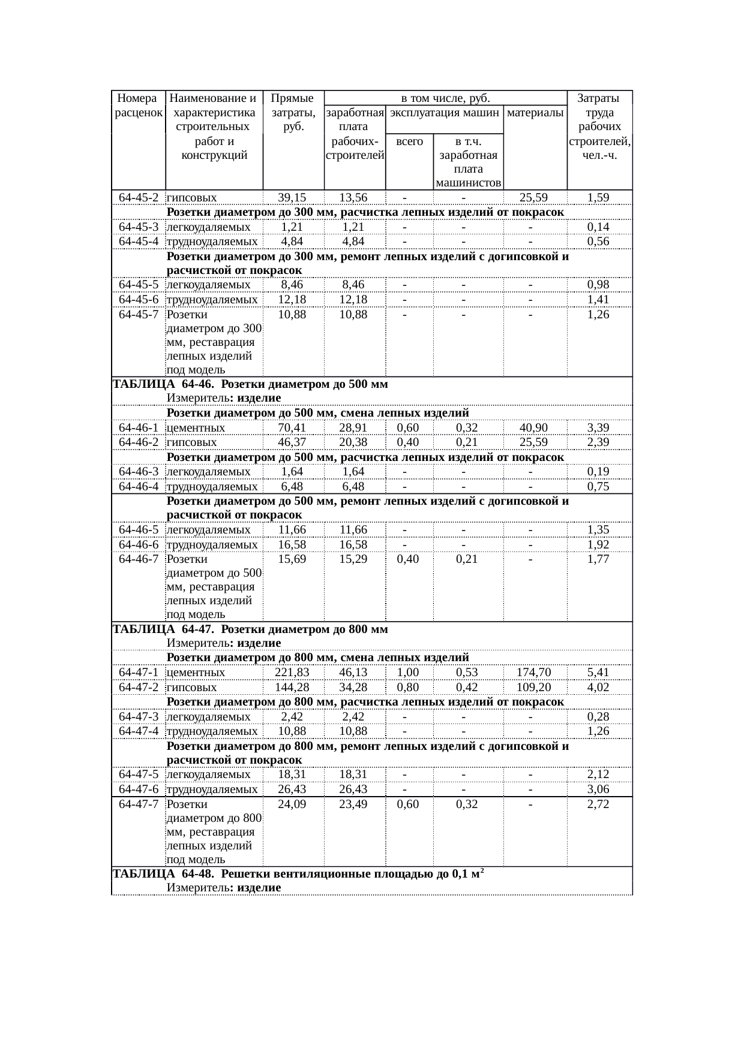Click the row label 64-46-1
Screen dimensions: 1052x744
pyautogui.click(x=139, y=427)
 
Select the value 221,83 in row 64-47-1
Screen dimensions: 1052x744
pyautogui.click(x=292, y=672)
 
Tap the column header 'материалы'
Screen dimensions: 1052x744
pyautogui.click(x=535, y=112)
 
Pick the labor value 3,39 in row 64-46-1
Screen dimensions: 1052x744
pyautogui.click(x=598, y=427)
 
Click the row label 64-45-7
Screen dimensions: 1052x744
pyautogui.click(x=139, y=314)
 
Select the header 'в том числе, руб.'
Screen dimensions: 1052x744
pyautogui.click(x=445, y=98)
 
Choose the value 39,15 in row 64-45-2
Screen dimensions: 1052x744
pyautogui.click(x=292, y=197)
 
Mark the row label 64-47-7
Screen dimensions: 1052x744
pyautogui.click(x=139, y=804)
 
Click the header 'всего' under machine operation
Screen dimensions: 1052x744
pyautogui.click(x=409, y=141)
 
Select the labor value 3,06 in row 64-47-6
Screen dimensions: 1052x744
pyautogui.click(x=598, y=789)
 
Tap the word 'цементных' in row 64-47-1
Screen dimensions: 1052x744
pyautogui.click(x=196, y=673)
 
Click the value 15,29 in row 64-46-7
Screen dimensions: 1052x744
pyautogui.click(x=353, y=559)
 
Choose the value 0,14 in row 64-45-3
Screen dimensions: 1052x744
pyautogui.click(x=598, y=227)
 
